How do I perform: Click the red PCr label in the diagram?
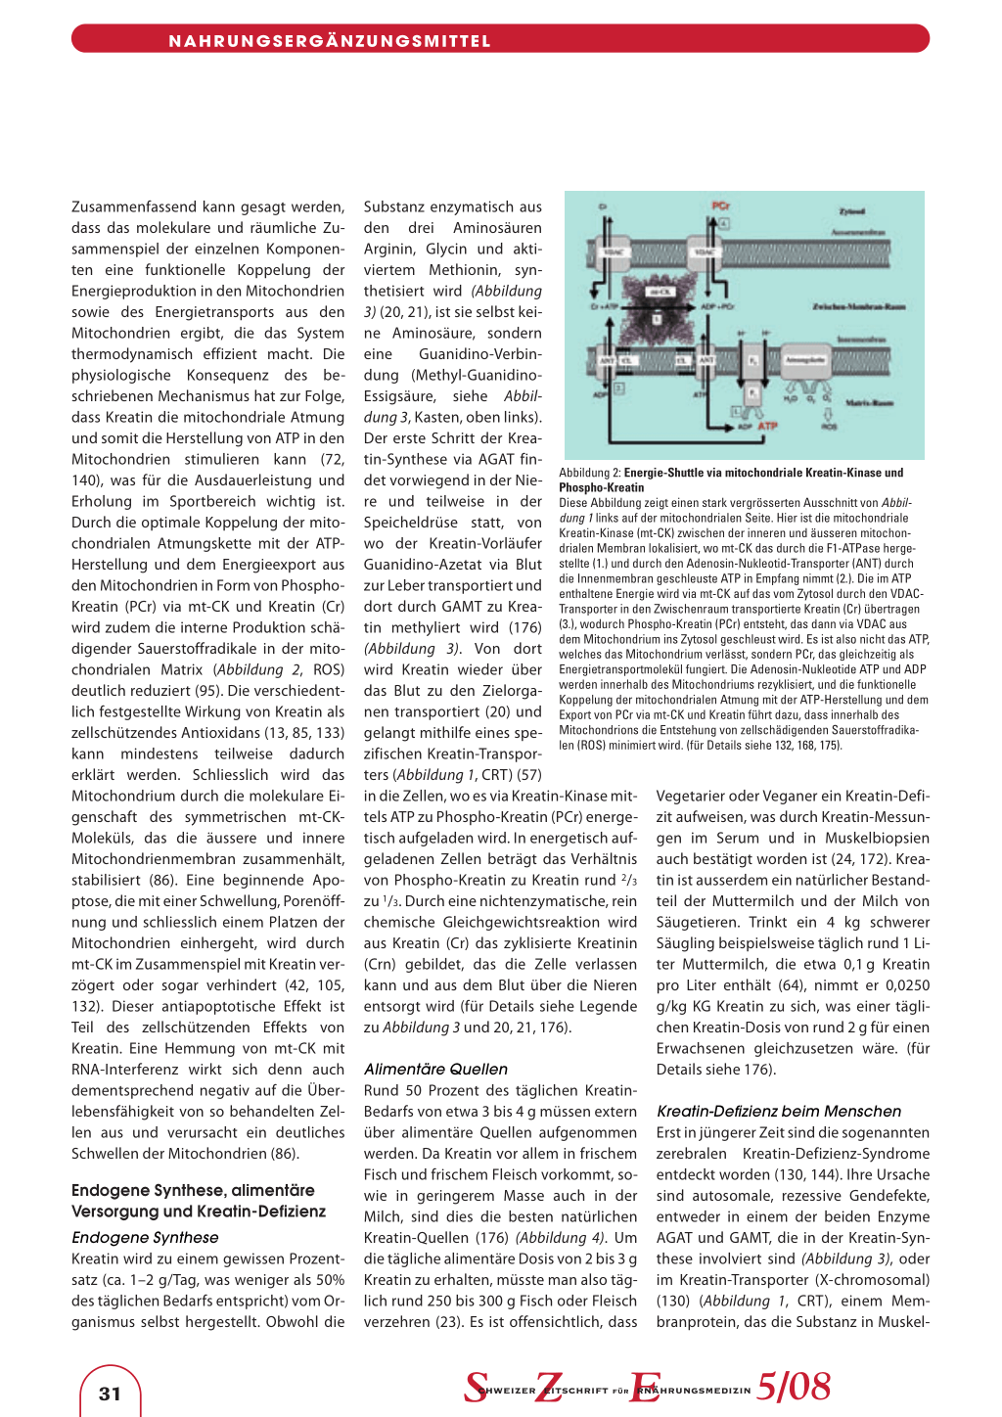721,206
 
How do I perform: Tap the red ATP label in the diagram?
768,427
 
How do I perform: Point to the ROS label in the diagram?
829,427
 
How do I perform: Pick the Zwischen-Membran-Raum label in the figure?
859,307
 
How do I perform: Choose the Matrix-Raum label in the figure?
869,402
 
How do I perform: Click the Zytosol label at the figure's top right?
852,211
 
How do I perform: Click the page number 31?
110,1394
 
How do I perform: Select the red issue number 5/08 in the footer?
794,1387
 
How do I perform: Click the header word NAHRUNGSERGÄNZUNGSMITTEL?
330,41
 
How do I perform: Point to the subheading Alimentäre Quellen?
435,1070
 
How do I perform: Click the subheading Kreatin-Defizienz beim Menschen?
779,1112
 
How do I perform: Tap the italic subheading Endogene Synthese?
145,1238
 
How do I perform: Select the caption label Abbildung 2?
590,473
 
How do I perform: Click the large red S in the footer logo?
476,1387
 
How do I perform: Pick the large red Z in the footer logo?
548,1387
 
